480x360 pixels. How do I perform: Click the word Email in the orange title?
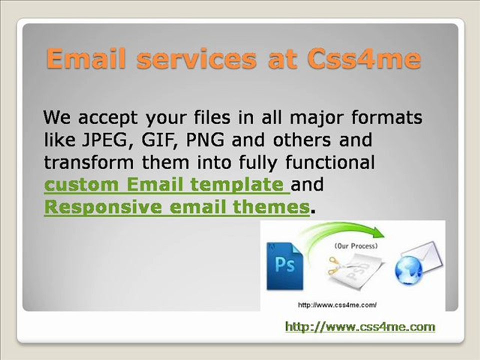point(86,58)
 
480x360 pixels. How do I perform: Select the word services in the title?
point(196,58)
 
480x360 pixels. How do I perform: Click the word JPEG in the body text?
point(104,140)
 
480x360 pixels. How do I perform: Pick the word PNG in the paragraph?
point(205,139)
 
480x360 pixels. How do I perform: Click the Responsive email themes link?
point(176,206)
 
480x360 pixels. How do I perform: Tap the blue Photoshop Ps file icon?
point(284,266)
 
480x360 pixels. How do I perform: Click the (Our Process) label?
point(356,246)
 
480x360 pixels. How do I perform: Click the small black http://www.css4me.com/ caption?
point(337,305)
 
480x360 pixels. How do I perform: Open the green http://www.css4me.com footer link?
point(360,326)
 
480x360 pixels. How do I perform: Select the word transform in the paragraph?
point(89,162)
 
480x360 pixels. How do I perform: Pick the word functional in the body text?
point(330,162)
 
